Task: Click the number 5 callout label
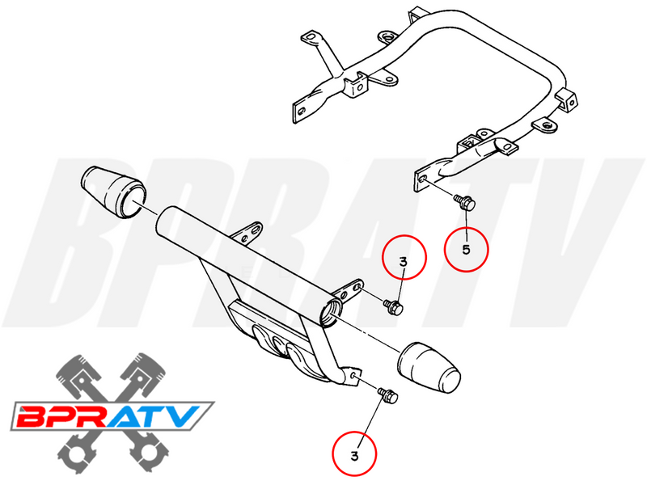click(x=466, y=249)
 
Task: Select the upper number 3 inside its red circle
click(x=403, y=260)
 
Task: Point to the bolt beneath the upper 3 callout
click(x=394, y=306)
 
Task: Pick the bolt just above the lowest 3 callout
click(x=387, y=395)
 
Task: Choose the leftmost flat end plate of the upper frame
click(x=301, y=109)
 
